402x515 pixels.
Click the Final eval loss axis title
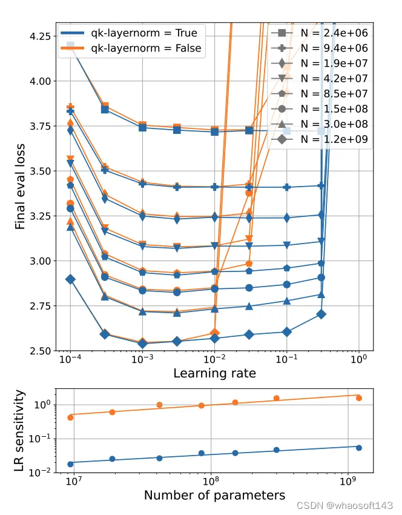tap(20, 187)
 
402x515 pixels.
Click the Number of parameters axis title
tap(214, 496)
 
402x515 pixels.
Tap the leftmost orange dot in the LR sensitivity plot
tap(71, 417)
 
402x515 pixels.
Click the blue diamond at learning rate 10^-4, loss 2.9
tap(71, 279)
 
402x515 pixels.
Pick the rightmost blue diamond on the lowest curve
tap(321, 314)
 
